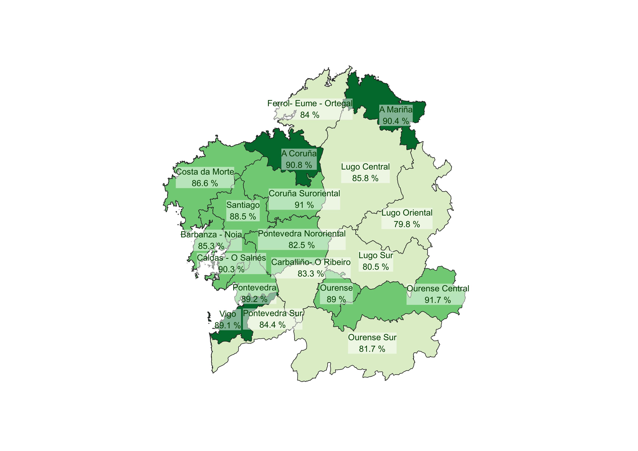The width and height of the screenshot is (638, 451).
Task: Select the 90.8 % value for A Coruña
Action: point(299,165)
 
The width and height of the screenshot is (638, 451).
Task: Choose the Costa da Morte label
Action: point(205,172)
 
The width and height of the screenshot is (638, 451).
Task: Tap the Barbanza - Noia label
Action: point(211,234)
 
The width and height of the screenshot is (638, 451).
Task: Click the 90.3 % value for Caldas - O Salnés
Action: point(231,269)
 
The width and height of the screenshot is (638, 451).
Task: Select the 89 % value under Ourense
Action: point(336,299)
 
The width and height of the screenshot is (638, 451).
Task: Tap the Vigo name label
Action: point(228,314)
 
